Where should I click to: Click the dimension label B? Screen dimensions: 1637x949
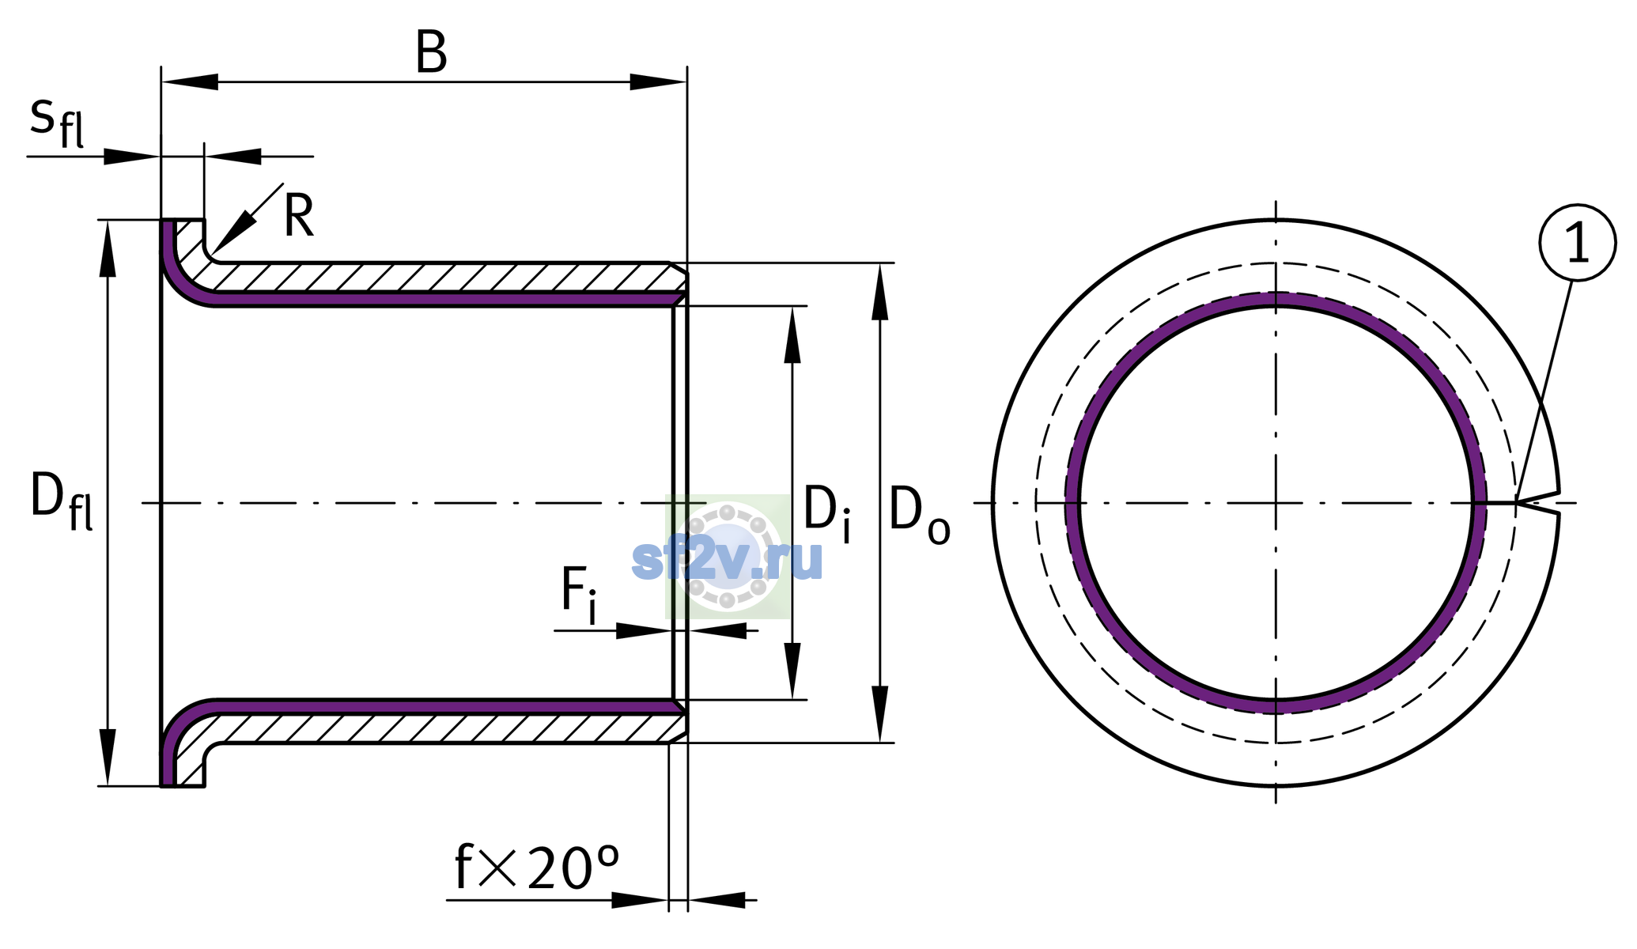[432, 53]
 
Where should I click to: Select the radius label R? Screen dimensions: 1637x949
[299, 215]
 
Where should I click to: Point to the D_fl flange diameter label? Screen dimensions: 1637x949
[62, 501]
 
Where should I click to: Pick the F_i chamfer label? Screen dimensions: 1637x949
[579, 595]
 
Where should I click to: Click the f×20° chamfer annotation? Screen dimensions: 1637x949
[537, 868]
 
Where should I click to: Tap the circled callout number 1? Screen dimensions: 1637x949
[1577, 243]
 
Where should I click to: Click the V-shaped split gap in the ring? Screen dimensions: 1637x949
[1538, 501]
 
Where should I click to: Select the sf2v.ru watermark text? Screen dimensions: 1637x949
[728, 560]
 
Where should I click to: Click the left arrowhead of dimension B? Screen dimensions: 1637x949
[190, 81]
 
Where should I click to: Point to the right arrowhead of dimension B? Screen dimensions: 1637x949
[658, 81]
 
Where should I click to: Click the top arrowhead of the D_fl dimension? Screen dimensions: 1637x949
[108, 248]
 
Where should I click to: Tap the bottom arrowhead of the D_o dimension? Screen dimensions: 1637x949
[879, 713]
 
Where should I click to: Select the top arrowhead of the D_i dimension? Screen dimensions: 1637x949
[792, 335]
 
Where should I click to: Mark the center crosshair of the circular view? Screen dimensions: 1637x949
[1276, 503]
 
